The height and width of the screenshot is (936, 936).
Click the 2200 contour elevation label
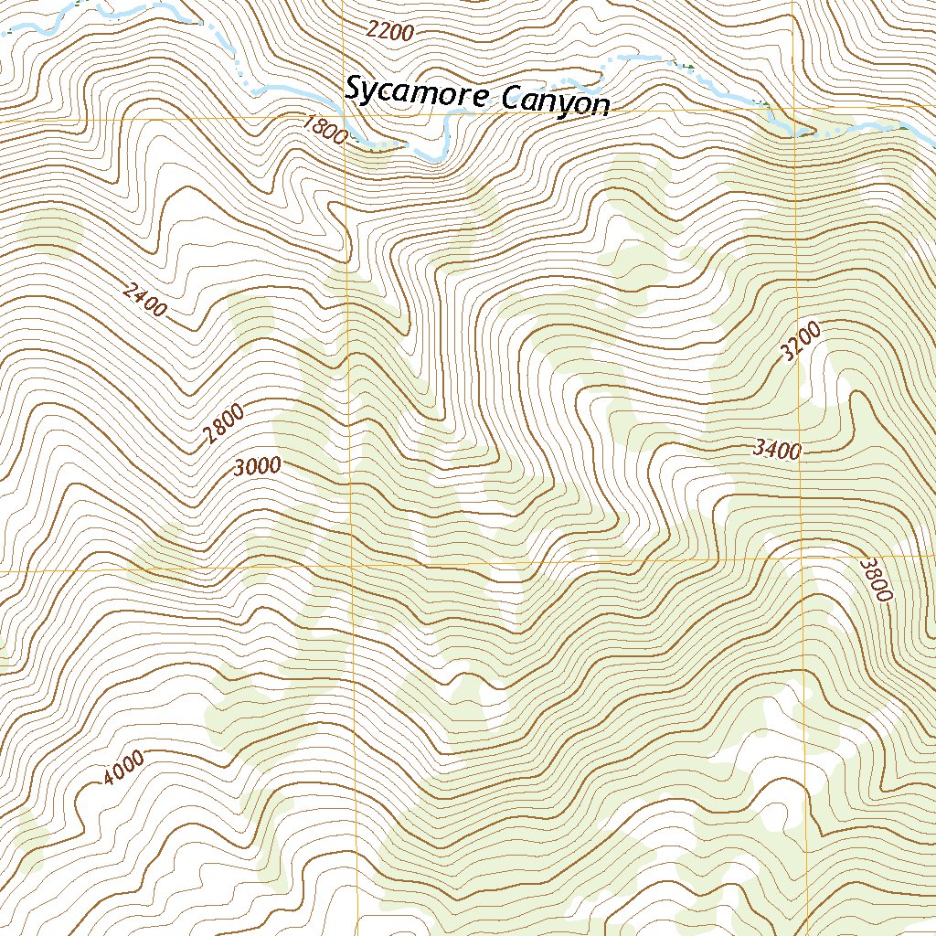[390, 31]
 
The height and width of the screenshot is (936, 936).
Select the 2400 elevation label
[144, 300]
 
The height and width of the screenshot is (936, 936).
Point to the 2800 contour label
[224, 425]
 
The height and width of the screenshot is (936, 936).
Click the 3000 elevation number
[257, 466]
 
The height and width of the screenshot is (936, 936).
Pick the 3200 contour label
[802, 341]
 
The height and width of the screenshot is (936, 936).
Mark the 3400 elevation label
[778, 449]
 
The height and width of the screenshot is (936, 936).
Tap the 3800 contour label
[875, 580]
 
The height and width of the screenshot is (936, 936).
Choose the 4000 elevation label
[123, 768]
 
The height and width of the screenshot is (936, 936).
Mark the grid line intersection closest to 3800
[803, 557]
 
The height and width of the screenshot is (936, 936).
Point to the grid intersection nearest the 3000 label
[351, 569]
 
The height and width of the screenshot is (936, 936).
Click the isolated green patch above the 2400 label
[50, 229]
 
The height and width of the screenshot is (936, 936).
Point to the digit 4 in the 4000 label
[110, 778]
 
